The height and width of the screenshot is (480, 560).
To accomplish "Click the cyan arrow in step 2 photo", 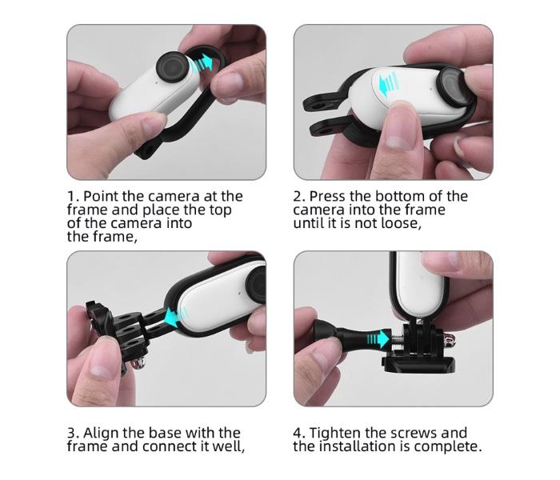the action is (387, 84).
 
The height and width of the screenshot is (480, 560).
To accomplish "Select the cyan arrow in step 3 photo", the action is (176, 317).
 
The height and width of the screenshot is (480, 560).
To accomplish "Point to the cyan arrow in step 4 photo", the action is (378, 338).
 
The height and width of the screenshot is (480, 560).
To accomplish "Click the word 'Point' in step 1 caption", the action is (101, 196).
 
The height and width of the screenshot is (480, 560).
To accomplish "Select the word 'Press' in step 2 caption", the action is (327, 196).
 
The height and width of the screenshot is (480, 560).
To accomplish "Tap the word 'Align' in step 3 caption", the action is (101, 434).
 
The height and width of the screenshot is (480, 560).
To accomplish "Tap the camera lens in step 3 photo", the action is (257, 283).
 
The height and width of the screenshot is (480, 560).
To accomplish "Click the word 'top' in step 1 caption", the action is (220, 210).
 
